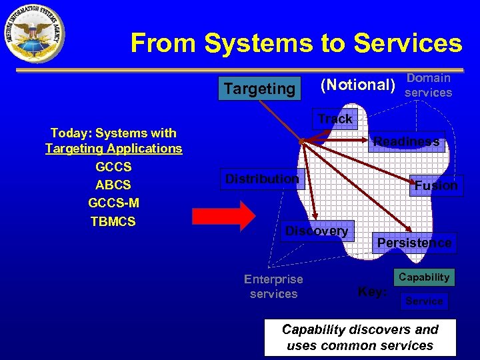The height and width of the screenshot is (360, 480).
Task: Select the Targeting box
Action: tap(260, 88)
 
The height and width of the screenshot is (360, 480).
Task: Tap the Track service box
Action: tap(335, 119)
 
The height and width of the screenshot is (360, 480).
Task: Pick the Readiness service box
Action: tap(407, 141)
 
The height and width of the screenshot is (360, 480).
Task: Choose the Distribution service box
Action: tap(263, 179)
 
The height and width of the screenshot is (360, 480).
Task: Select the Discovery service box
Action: tap(317, 231)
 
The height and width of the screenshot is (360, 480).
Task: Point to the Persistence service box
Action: tap(414, 243)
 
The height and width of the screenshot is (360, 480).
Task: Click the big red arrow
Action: tap(223, 215)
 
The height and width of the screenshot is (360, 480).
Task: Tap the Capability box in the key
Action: tap(424, 277)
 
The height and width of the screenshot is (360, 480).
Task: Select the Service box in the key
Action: tap(424, 301)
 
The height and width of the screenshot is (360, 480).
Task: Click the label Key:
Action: tap(372, 291)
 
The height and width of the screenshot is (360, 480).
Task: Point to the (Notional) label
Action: tap(358, 85)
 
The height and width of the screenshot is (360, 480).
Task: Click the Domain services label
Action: tap(429, 85)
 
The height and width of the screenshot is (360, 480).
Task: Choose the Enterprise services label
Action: tap(273, 287)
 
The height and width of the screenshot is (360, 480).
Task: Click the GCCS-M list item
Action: tap(113, 203)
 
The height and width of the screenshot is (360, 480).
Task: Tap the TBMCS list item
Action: tap(113, 221)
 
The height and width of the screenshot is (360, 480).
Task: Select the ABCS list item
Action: tap(113, 185)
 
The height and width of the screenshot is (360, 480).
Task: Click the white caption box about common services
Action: tap(360, 337)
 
